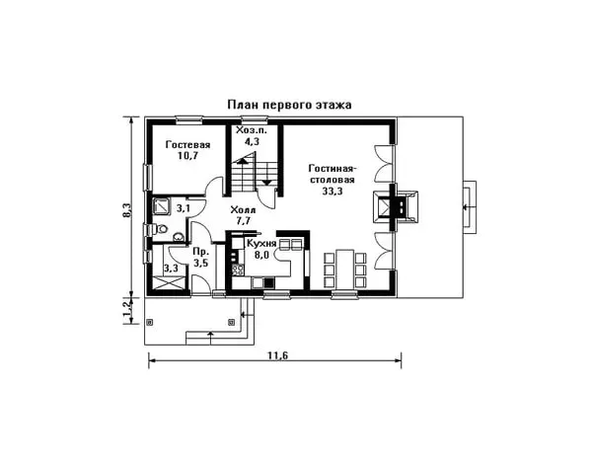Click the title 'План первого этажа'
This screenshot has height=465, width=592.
(x=289, y=105)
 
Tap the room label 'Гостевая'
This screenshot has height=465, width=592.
(x=188, y=145)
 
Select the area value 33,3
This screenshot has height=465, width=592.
(x=333, y=192)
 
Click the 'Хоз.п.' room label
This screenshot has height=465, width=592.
(x=251, y=130)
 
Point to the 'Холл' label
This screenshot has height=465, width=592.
(x=243, y=210)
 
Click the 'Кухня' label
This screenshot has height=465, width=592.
(x=261, y=243)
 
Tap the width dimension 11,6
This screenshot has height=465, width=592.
(x=277, y=355)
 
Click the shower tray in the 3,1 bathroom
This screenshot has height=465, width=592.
(x=162, y=205)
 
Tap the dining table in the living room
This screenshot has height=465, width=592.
(x=344, y=269)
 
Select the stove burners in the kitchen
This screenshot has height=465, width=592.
(x=238, y=269)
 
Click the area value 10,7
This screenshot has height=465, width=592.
(x=188, y=156)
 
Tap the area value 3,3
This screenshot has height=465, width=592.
(x=171, y=269)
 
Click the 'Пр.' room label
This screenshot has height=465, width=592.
(x=199, y=253)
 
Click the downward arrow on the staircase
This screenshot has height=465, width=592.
(x=266, y=183)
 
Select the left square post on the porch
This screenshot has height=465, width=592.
(x=150, y=322)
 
